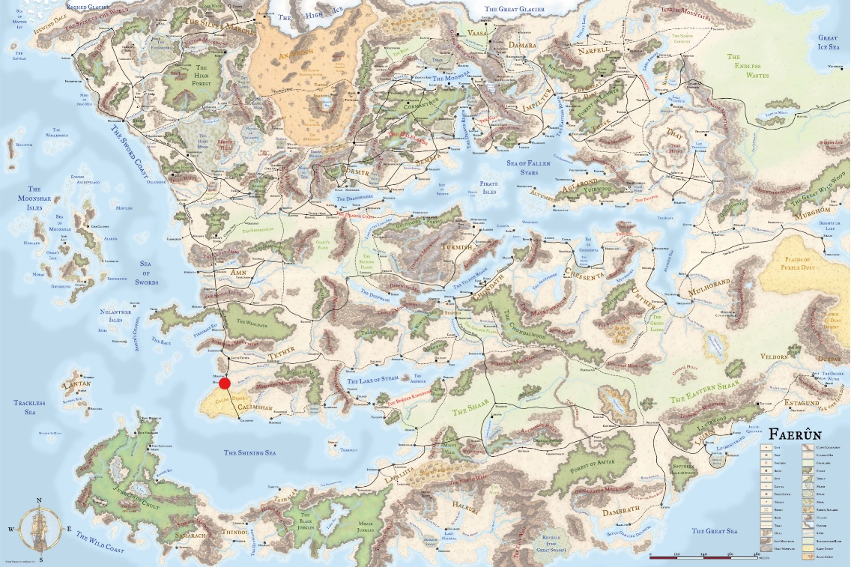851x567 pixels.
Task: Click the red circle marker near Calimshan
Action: click(x=225, y=383)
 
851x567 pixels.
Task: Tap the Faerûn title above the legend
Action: click(x=801, y=434)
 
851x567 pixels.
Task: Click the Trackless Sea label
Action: click(x=29, y=407)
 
